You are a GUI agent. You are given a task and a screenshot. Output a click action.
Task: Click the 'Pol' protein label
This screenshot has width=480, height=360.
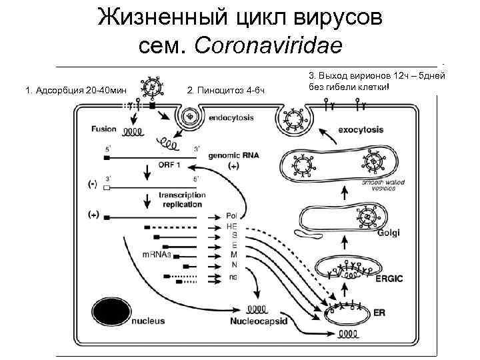pyautogui.click(x=231, y=217)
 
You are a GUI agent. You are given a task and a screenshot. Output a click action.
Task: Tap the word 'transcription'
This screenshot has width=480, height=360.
pyautogui.click(x=182, y=195)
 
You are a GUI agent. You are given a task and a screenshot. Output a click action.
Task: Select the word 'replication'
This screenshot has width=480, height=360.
pyautogui.click(x=182, y=204)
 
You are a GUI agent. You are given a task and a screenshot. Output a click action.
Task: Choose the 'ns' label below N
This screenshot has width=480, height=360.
pyautogui.click(x=232, y=276)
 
